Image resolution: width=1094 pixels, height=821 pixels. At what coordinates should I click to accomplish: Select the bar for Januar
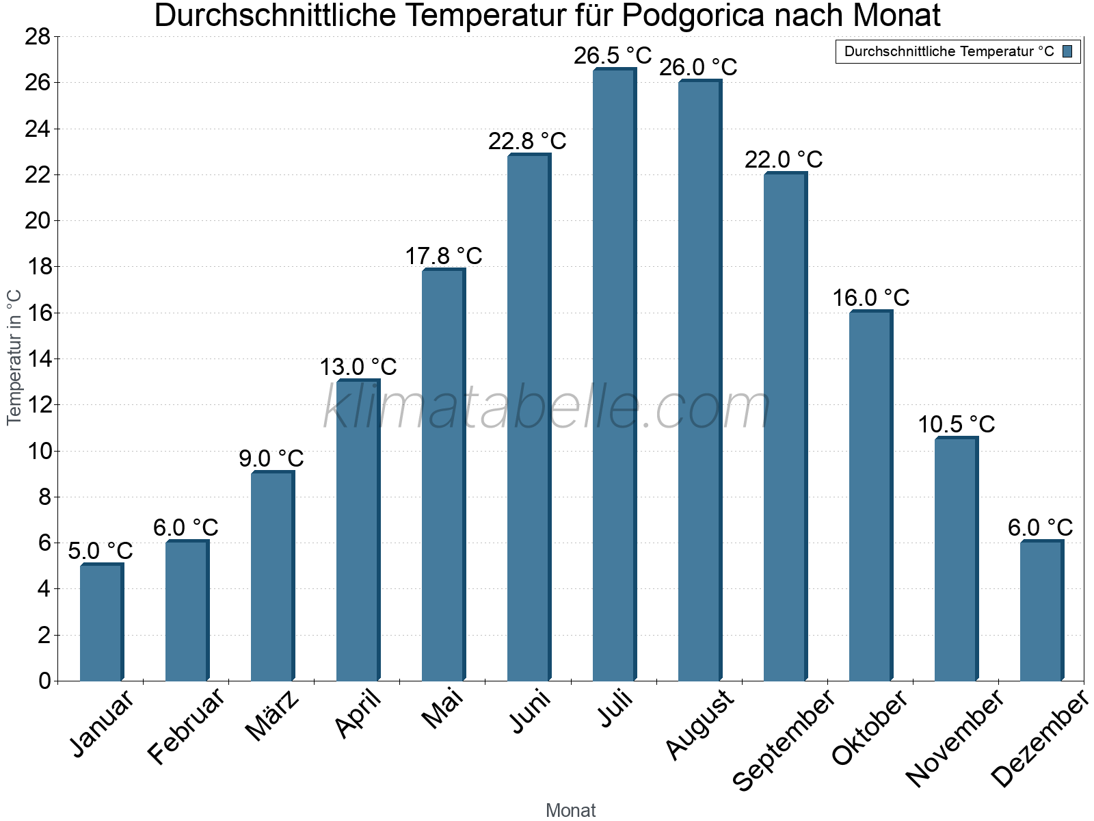pyautogui.click(x=101, y=622)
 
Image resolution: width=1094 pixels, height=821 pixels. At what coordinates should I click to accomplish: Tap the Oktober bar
pyautogui.click(x=870, y=496)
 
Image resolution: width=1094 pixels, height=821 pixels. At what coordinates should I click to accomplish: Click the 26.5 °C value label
pyautogui.click(x=613, y=55)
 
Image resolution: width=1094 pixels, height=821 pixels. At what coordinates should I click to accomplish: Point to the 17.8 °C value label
pyautogui.click(x=444, y=256)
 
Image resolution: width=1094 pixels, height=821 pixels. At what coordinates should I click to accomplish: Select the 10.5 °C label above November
pyautogui.click(x=956, y=424)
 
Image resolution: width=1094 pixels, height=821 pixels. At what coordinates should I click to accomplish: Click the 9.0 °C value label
pyautogui.click(x=271, y=458)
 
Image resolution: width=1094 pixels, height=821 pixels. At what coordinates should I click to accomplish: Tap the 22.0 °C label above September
pyautogui.click(x=784, y=159)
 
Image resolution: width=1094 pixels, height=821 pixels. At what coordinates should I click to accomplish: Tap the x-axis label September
pyautogui.click(x=784, y=740)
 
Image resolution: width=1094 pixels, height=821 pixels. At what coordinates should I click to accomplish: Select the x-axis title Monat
pyautogui.click(x=571, y=811)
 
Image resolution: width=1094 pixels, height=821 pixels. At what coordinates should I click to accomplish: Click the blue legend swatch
pyautogui.click(x=1067, y=51)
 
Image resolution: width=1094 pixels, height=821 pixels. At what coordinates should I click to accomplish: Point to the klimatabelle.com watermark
pyautogui.click(x=547, y=407)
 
